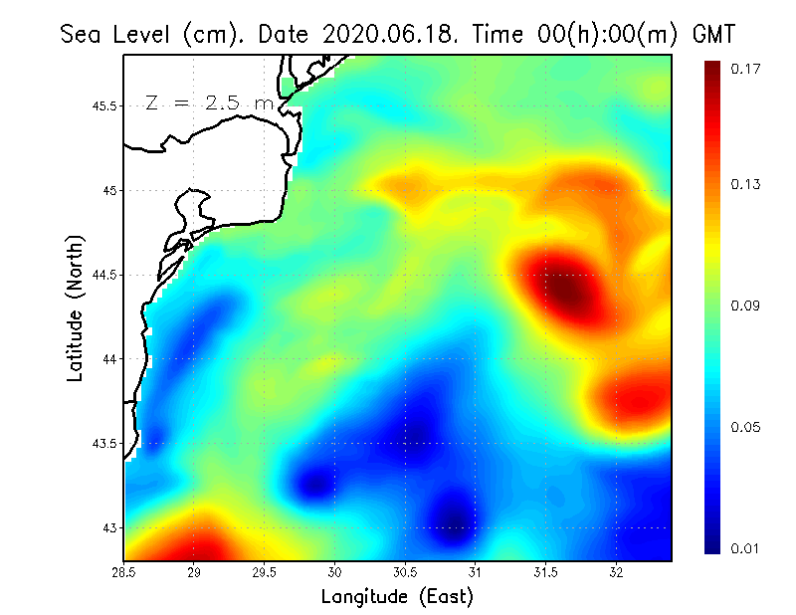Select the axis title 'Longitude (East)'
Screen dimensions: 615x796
point(397,596)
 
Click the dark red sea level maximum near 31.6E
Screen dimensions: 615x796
point(568,292)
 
